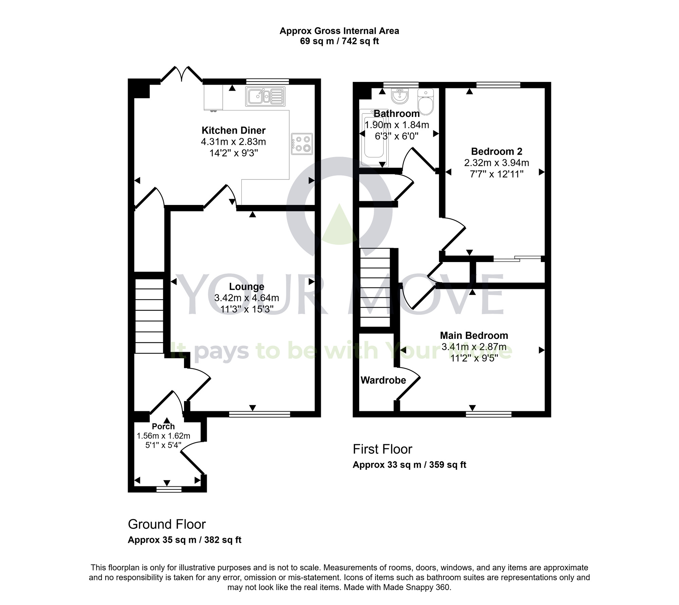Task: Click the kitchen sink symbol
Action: [265, 97]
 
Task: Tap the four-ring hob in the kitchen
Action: [301, 144]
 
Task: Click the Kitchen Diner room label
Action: [233, 130]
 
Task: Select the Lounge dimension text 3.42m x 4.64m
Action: [246, 298]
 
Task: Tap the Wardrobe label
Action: [383, 380]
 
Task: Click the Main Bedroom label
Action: [474, 335]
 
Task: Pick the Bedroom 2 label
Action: [496, 151]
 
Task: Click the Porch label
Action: [163, 426]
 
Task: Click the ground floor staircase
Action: [149, 316]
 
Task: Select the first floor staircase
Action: [375, 287]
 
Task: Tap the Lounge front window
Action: [259, 414]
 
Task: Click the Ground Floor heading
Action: [167, 524]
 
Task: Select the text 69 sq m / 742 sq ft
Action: [339, 41]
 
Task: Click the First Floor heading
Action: [382, 449]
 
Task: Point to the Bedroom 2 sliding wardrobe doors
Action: [517, 259]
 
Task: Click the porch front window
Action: [169, 489]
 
